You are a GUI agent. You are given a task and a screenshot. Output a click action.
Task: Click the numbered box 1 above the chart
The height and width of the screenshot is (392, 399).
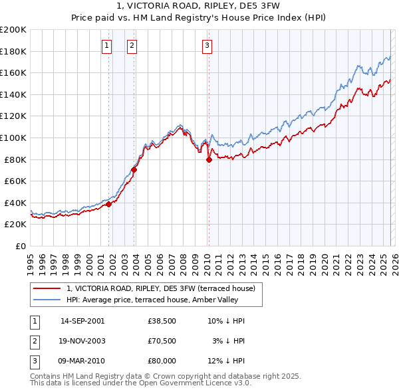pos(107,45)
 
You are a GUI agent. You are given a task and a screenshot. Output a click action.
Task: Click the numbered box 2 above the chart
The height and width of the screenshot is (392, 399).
pos(132,45)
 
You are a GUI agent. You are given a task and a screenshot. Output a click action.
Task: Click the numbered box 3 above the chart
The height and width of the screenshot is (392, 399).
pos(207,45)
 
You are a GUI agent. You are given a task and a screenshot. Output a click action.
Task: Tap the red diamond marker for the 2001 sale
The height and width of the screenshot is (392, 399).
pos(109,205)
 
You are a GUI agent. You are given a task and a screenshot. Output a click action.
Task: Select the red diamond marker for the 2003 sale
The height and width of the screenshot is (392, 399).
pos(134,169)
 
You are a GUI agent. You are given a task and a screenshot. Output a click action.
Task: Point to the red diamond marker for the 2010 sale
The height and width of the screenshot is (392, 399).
pos(209,159)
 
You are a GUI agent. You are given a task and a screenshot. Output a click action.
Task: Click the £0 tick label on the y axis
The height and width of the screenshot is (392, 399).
pos(20,246)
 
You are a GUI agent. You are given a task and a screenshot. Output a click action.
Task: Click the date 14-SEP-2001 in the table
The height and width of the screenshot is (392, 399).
pos(82,321)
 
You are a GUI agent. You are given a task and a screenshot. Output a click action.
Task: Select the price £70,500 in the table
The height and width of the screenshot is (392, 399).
pos(162,341)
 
